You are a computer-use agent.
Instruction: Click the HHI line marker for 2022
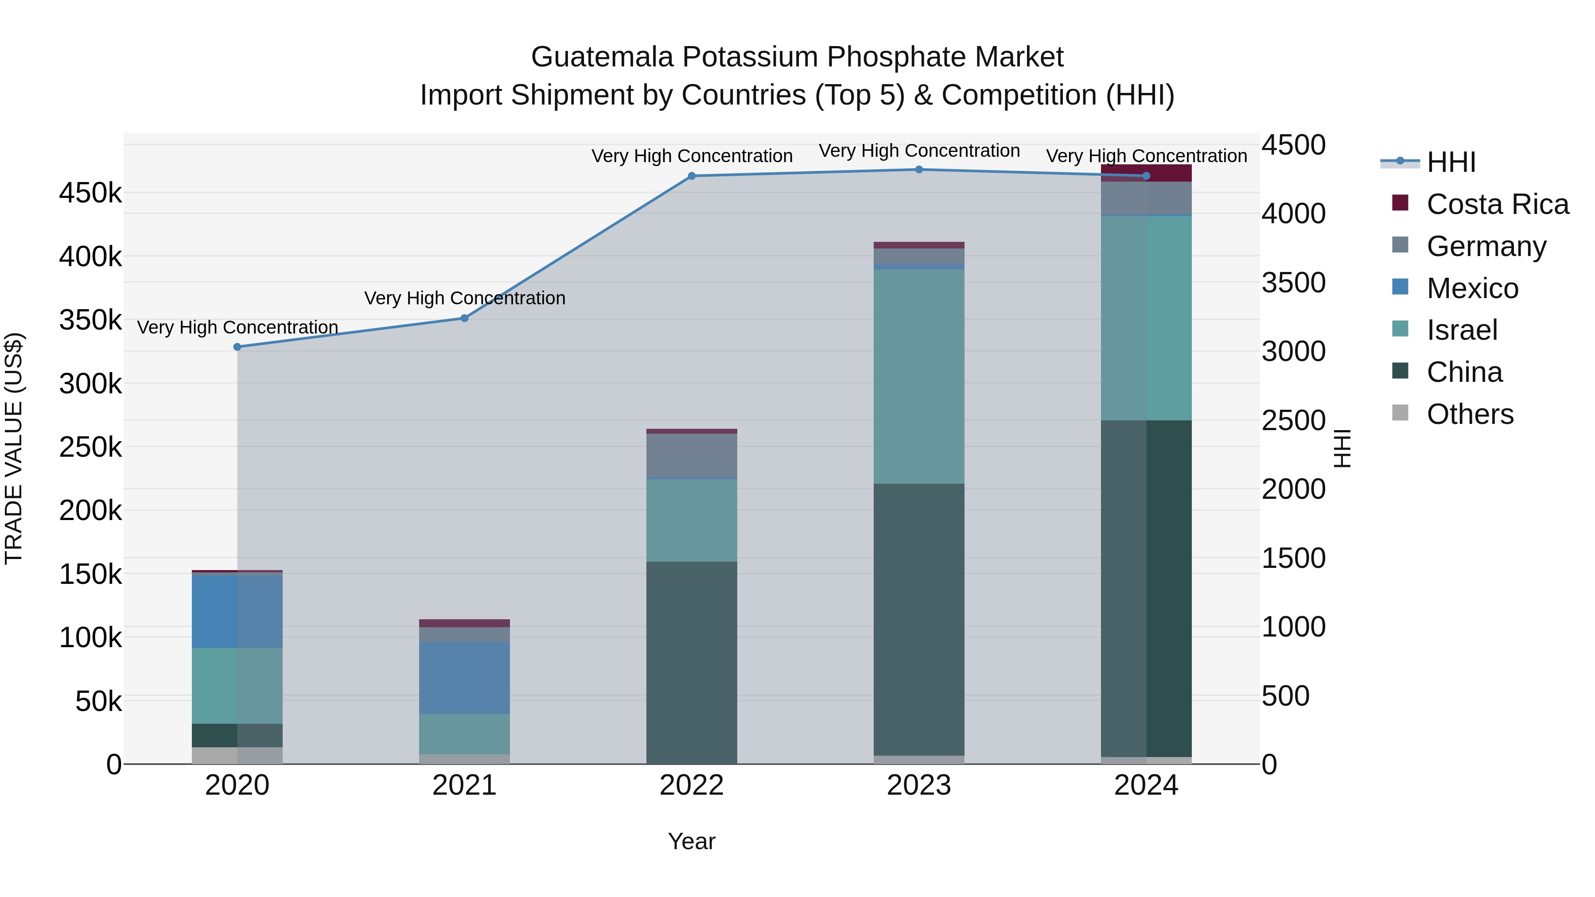(692, 176)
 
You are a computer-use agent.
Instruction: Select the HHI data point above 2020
(237, 347)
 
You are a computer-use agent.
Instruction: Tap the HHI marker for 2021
(464, 318)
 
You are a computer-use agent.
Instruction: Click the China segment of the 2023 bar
(919, 619)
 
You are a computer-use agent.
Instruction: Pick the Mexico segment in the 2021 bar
(464, 677)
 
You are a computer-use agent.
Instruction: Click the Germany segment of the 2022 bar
(692, 456)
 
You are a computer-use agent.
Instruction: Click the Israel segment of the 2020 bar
(237, 685)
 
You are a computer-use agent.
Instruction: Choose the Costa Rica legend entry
(1497, 204)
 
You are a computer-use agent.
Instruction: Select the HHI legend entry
(1451, 162)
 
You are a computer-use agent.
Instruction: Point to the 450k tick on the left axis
(90, 193)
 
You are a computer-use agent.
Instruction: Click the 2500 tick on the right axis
(1293, 420)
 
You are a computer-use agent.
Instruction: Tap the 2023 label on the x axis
(919, 785)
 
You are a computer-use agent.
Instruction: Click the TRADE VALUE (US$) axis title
(14, 448)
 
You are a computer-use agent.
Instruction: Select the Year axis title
(692, 841)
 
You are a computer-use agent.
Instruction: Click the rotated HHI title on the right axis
(1342, 448)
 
